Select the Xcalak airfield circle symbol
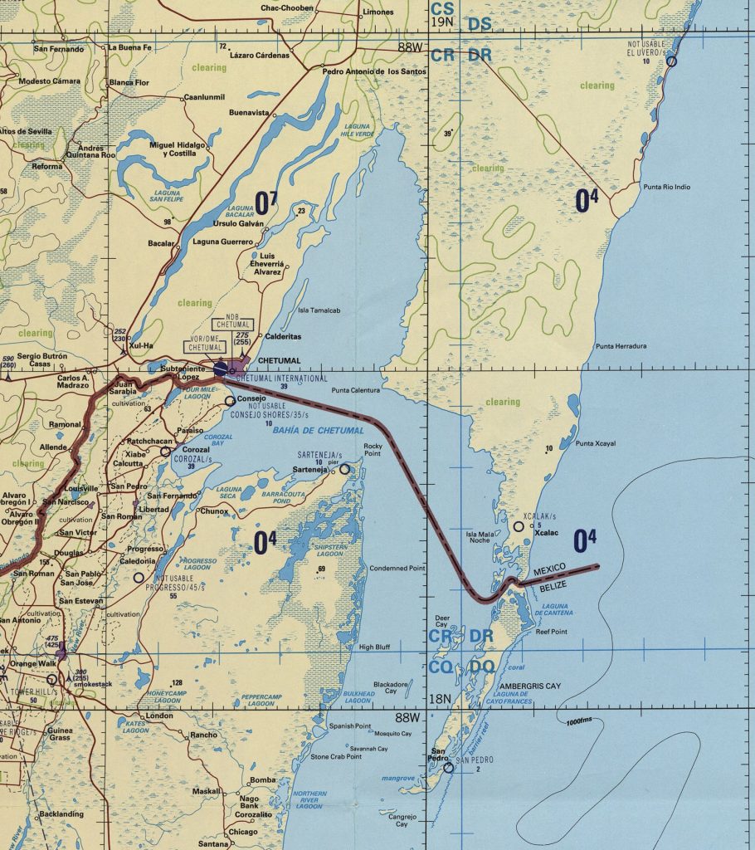519,526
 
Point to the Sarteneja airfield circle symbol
344,470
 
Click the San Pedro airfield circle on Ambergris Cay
449,768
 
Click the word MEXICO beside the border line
549,573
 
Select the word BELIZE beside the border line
543,586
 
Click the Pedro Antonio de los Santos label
374,71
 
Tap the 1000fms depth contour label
581,719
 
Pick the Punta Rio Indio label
667,187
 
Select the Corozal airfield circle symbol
166,452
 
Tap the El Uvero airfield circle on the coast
671,61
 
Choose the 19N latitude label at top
441,22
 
